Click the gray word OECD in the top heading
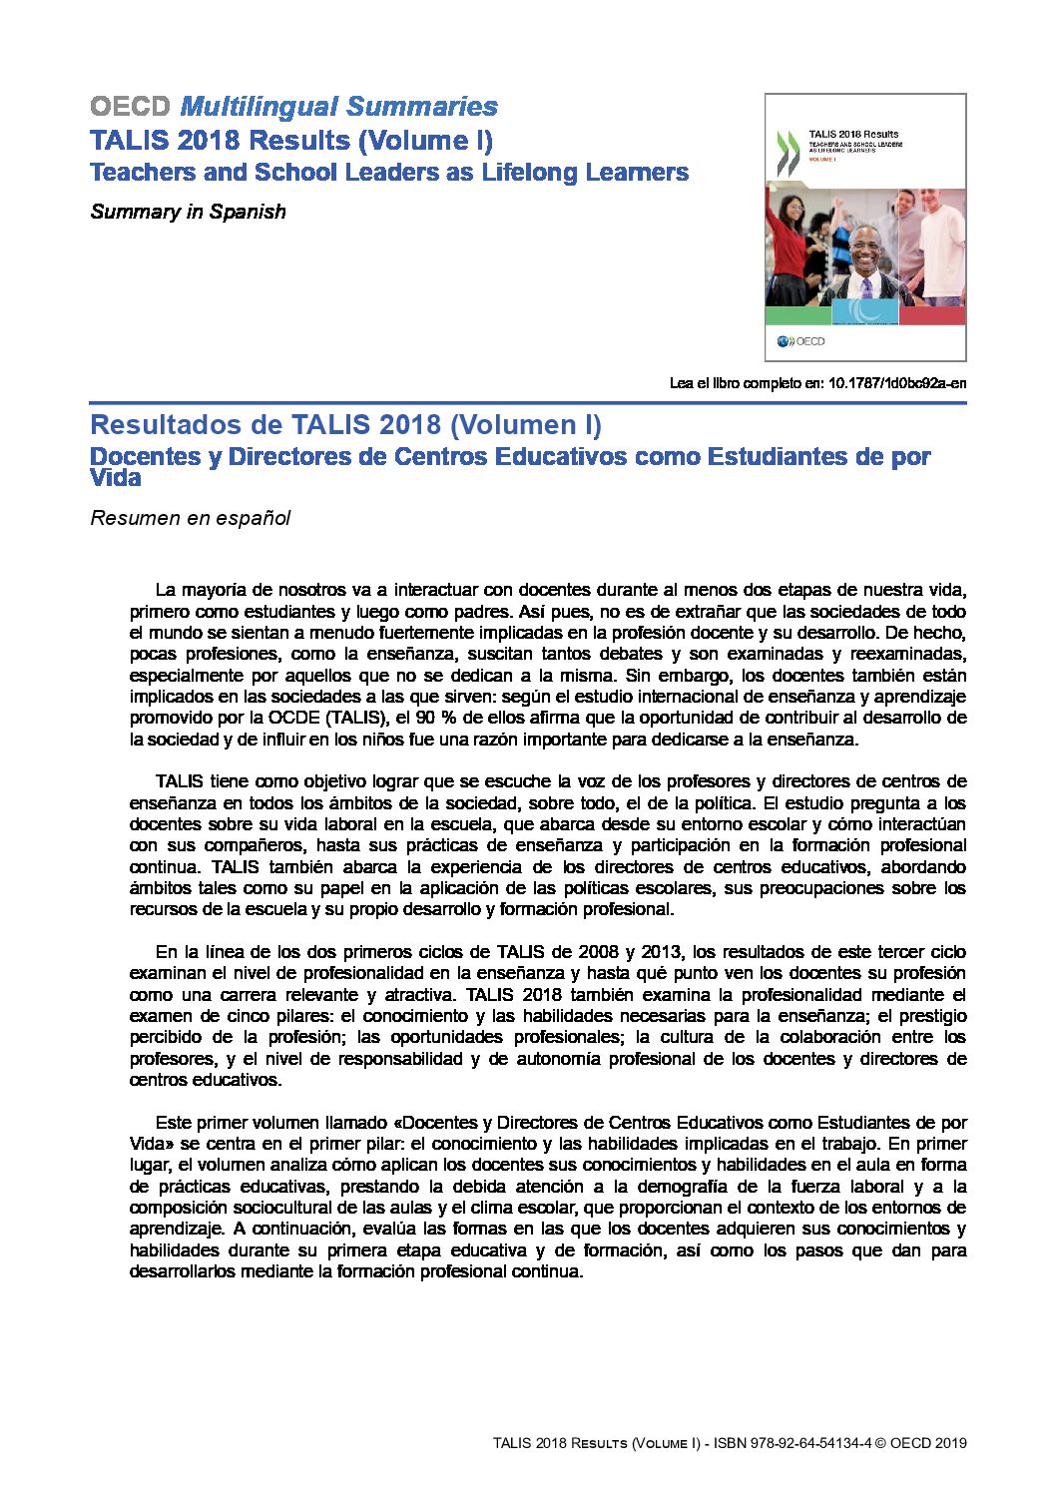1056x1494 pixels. tap(131, 107)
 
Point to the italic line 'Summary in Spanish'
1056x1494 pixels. tap(188, 212)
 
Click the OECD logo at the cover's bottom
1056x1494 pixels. tap(801, 341)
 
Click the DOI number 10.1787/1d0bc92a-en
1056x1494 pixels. tap(897, 383)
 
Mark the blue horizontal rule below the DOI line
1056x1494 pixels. tap(528, 403)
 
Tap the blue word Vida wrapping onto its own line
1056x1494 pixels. tap(115, 478)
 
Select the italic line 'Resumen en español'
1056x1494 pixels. tap(190, 518)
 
